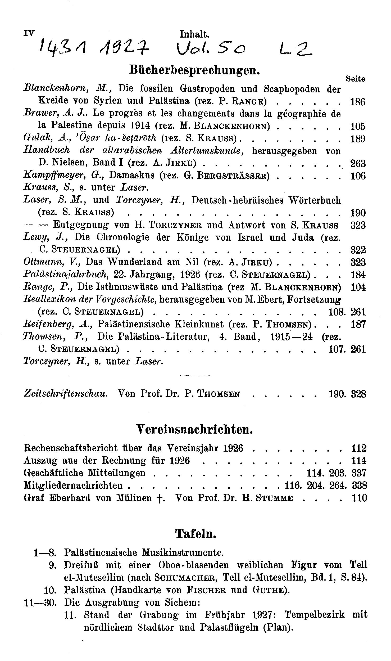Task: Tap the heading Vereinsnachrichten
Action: [x=194, y=430]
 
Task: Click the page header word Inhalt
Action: [x=194, y=34]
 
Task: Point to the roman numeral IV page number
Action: [x=29, y=33]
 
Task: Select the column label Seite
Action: [x=355, y=79]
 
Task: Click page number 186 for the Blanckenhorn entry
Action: [x=358, y=102]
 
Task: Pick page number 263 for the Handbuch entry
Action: [x=358, y=164]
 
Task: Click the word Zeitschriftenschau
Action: [x=66, y=394]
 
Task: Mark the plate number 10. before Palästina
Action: [x=51, y=590]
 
